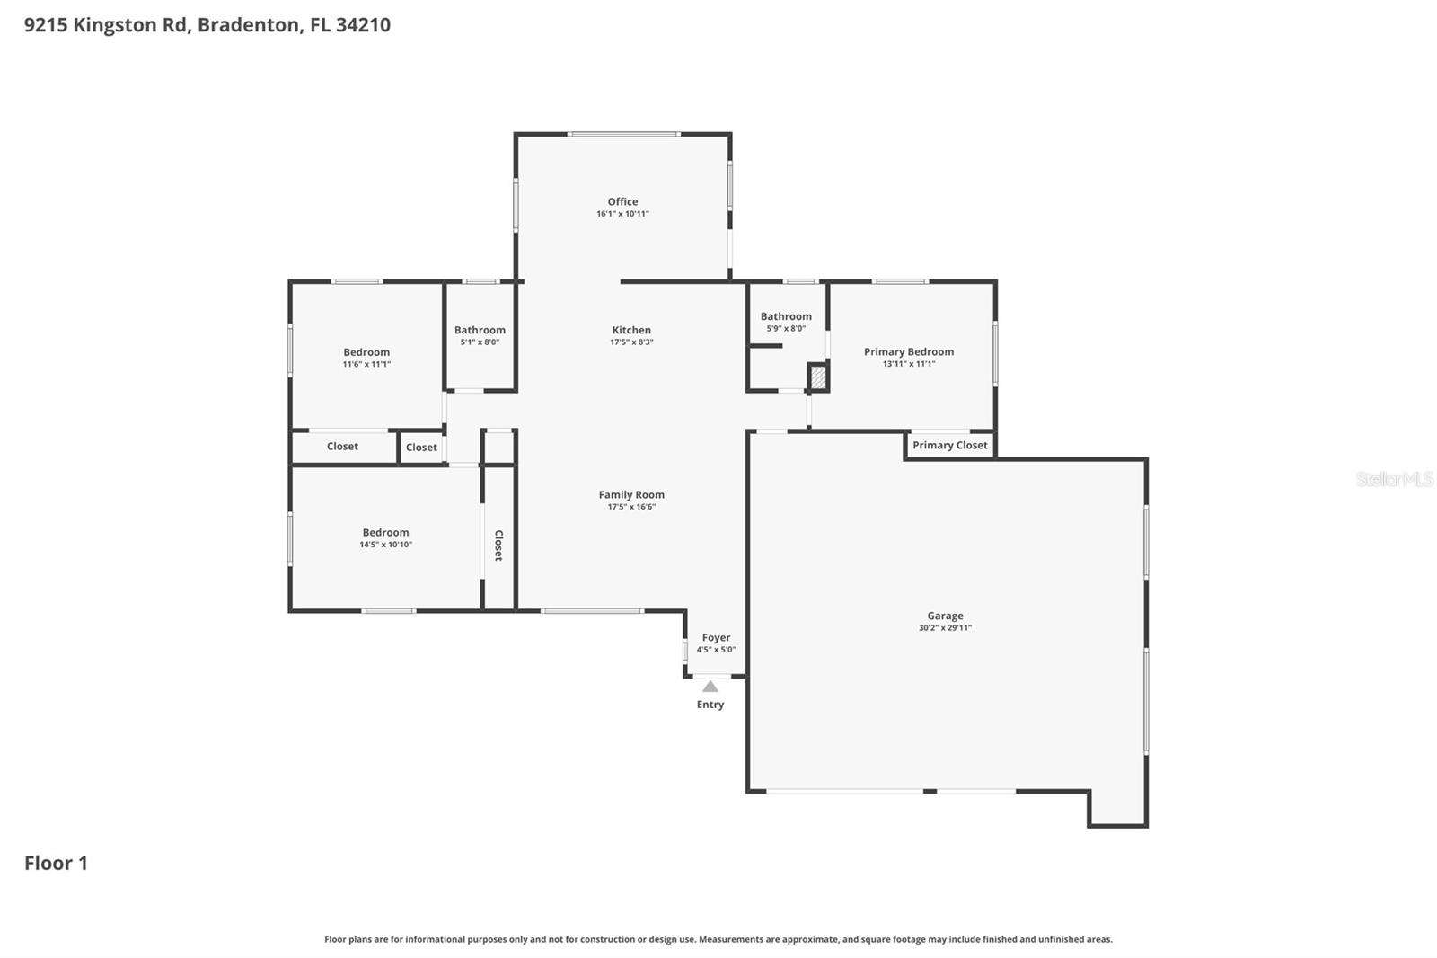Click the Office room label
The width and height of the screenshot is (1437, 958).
622,201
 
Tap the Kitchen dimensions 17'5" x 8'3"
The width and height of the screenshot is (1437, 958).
631,342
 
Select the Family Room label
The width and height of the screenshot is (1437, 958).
631,494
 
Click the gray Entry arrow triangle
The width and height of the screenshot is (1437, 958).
710,687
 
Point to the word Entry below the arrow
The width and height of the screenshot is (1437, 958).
710,705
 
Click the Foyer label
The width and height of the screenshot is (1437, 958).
716,637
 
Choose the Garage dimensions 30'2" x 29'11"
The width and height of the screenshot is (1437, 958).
945,628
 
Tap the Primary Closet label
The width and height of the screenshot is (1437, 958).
949,445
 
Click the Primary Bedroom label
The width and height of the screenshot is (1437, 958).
909,351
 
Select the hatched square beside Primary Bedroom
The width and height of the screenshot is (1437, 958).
818,377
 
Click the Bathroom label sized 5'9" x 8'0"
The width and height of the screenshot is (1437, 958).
786,316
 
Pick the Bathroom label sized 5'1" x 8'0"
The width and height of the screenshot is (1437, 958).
480,330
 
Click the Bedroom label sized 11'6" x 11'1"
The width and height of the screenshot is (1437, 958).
366,352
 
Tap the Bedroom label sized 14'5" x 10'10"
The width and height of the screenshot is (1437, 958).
385,532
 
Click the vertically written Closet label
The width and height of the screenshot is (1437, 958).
498,546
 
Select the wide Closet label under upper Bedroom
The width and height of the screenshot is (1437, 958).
342,446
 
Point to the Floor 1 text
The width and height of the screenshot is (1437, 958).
56,863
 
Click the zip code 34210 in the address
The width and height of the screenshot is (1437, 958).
363,24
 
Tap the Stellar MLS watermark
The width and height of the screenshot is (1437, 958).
1394,479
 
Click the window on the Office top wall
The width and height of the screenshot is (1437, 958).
623,135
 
